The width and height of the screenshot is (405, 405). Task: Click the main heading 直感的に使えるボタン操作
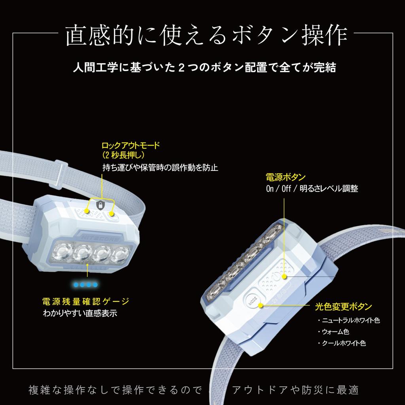[x=206, y=36]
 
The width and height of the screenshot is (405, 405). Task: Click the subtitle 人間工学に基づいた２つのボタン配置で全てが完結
[x=204, y=67]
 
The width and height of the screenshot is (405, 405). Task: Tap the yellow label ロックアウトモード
[x=131, y=146]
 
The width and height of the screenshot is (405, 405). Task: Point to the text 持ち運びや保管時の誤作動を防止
[x=160, y=167]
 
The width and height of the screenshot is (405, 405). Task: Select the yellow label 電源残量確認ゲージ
[x=85, y=301]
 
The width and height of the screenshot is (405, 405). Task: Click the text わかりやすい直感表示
[x=80, y=314]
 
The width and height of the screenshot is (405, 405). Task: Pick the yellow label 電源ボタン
[x=285, y=176]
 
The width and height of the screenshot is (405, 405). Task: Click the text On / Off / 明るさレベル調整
[x=312, y=189]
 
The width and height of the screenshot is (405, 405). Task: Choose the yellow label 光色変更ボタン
[x=343, y=306]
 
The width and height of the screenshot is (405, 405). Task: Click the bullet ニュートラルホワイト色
[x=350, y=320]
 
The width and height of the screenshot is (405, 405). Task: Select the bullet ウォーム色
[x=335, y=332]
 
